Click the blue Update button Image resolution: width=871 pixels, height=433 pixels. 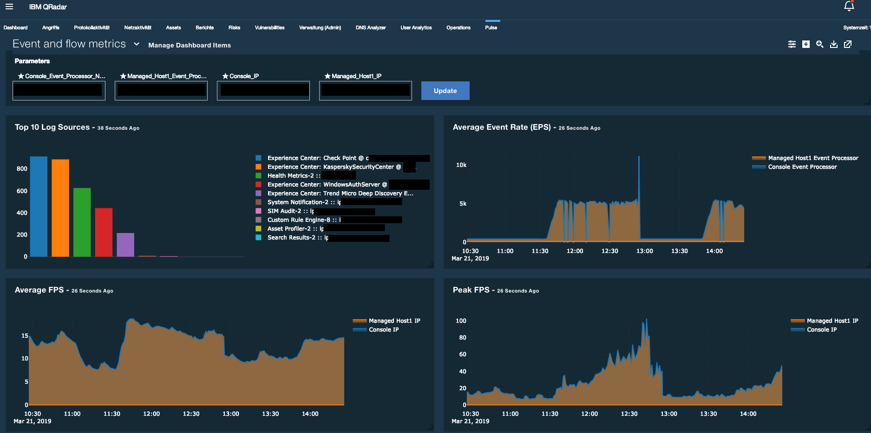445,91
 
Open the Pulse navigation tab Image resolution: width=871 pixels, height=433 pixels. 491,27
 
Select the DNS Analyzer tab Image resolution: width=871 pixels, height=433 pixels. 370,27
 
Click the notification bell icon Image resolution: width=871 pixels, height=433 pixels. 849,6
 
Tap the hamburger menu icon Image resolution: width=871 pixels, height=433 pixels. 9,7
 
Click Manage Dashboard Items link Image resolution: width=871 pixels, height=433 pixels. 189,45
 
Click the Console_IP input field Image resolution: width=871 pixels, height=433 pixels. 263,90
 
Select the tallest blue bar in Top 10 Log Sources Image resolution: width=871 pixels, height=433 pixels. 39,207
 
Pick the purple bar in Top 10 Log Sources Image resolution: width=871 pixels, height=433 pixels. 125,245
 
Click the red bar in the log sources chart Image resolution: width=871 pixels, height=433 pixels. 104,232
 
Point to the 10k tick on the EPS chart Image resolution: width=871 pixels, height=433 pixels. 461,165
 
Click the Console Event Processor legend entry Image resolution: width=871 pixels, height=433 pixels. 802,167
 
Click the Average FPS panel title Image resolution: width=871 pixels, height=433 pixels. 39,290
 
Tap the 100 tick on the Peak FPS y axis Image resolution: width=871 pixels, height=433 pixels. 461,321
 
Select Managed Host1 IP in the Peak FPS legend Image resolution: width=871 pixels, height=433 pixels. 832,321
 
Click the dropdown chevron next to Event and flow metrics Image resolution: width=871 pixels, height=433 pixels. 137,44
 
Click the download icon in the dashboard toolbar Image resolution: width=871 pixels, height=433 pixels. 834,44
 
